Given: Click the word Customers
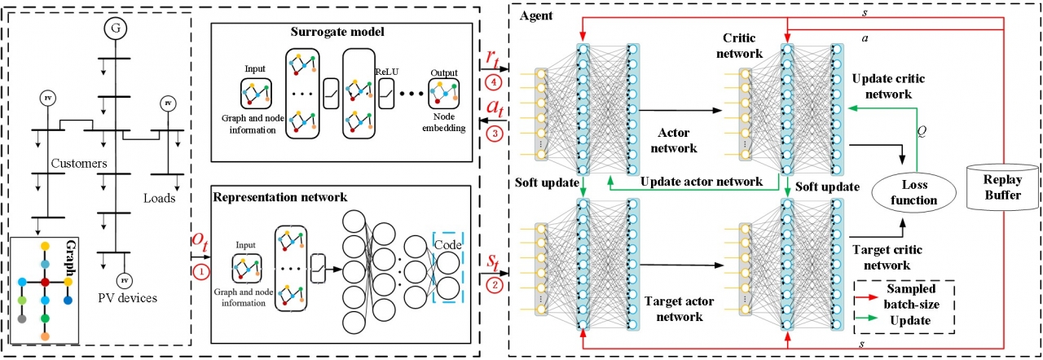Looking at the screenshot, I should coord(79,164).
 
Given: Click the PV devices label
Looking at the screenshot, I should coord(124,297).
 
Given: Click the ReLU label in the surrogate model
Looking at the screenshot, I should coord(383,70).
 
